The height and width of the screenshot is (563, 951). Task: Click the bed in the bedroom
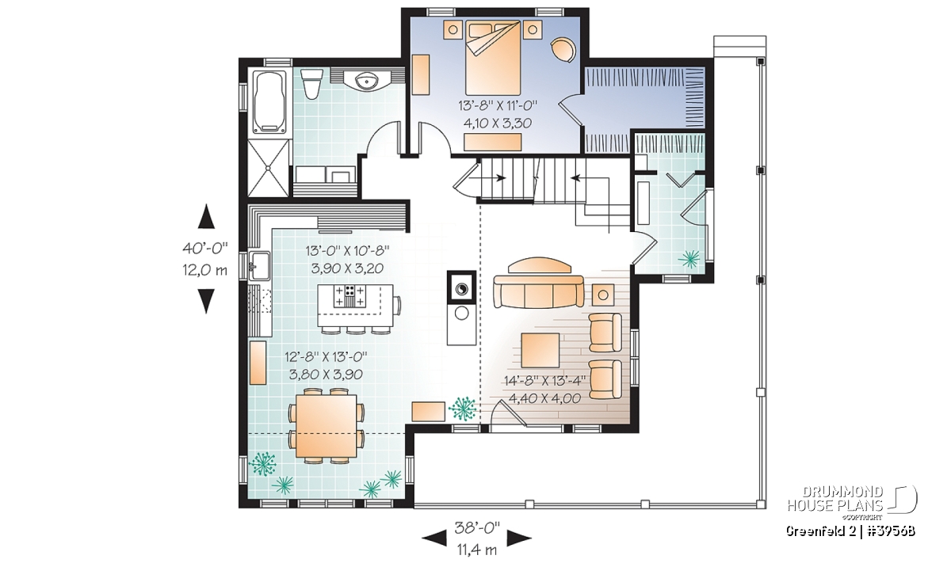pos(493,58)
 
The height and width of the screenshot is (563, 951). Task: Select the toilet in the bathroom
pos(311,85)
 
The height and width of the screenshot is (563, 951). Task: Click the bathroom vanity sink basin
pos(365,81)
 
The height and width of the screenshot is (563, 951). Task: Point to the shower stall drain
pos(269,168)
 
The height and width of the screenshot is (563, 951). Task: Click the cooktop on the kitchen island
pos(349,296)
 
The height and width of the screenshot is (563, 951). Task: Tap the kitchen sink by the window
pos(259,266)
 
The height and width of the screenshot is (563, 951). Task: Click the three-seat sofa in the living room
pos(538,291)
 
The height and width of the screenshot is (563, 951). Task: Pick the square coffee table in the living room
pos(540,351)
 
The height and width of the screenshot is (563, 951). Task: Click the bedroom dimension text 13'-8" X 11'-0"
pos(498,105)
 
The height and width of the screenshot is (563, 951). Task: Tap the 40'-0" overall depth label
pos(205,248)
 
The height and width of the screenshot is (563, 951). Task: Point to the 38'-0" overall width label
pos(477,528)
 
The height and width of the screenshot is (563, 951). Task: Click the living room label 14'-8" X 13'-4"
pos(544,381)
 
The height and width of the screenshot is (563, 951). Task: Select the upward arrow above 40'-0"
pos(207,216)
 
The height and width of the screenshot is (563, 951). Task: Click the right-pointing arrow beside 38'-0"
pos(519,538)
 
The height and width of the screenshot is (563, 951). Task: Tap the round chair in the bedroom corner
pos(563,50)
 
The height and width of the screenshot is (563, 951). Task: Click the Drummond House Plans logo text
pos(835,499)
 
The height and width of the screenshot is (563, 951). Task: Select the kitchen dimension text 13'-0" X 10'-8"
pos(348,251)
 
